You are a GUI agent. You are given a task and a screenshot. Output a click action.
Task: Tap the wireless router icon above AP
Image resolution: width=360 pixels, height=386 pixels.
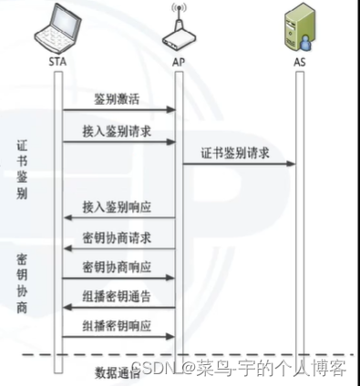point(178,32)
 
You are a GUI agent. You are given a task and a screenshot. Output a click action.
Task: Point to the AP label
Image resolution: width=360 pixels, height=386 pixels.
point(179,62)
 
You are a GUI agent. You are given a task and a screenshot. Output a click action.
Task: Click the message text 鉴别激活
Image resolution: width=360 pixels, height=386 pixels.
point(117,97)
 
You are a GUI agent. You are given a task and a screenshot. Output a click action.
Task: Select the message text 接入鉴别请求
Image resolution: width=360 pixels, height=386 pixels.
point(117,131)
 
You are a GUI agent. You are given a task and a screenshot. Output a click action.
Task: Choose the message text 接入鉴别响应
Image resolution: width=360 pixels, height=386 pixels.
point(117,206)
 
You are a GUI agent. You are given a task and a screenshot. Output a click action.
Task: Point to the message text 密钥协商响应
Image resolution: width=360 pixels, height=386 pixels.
point(117,267)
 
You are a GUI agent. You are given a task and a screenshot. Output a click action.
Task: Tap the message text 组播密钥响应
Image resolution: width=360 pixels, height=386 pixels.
point(117,325)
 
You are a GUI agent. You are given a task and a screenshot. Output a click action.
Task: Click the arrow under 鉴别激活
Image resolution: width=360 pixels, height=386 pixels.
point(117,110)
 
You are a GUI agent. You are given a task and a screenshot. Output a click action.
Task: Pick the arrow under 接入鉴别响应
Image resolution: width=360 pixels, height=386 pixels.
point(117,218)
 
